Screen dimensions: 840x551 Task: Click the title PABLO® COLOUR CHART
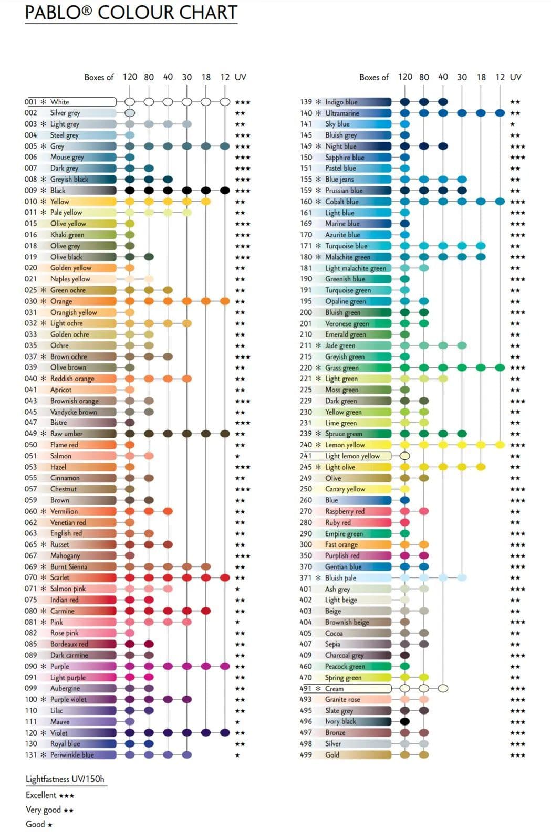coord(131,13)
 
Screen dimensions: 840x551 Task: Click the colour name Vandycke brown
coord(74,412)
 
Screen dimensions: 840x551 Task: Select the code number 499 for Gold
coord(306,755)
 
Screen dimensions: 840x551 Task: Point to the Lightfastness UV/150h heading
coord(65,779)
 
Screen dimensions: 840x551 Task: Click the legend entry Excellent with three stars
coord(50,795)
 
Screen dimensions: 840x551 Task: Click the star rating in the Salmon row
coord(237,456)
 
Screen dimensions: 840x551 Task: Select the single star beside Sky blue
coord(513,124)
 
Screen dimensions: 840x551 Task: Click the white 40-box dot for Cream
coord(443,688)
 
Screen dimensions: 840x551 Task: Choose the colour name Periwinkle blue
coord(72,755)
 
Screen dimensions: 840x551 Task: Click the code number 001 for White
coord(31,102)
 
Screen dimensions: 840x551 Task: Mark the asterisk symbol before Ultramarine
coord(318,113)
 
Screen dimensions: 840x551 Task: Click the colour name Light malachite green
coord(356,268)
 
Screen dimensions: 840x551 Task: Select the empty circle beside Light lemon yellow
coord(405,456)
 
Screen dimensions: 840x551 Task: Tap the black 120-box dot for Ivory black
coord(405,721)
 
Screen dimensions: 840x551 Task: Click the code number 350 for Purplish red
coord(306,555)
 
